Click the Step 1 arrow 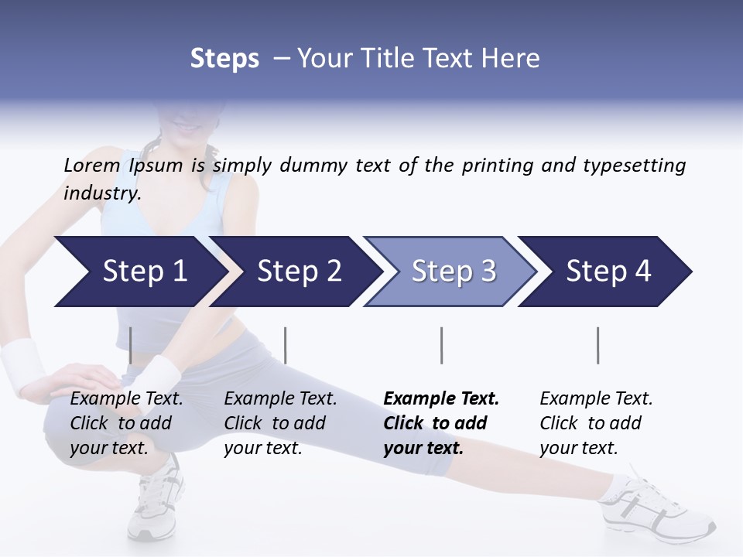click(139, 272)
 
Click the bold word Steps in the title click(224, 58)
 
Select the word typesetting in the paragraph click(634, 165)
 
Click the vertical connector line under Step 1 click(130, 345)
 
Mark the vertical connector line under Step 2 click(286, 345)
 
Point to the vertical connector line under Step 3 click(441, 345)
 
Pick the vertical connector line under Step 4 click(597, 345)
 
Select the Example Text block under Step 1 click(126, 423)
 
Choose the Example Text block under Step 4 click(596, 423)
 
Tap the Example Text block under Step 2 click(280, 423)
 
